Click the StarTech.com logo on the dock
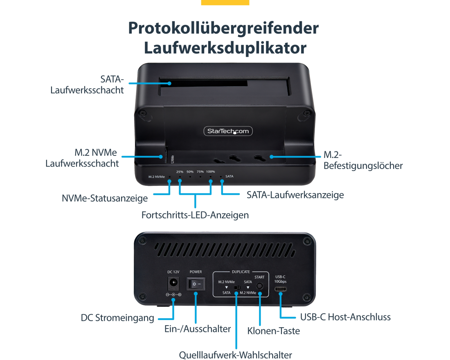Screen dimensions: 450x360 [228, 131]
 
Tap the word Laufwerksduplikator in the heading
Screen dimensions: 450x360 [225, 47]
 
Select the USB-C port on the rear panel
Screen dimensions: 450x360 [280, 289]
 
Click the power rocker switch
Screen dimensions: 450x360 [196, 284]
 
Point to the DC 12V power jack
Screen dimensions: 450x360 [173, 283]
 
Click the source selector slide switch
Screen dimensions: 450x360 [237, 287]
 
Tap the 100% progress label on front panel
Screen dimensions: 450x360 [210, 172]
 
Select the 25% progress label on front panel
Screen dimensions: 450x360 [180, 172]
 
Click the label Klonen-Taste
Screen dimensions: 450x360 [274, 331]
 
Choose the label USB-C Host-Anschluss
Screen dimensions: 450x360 [345, 317]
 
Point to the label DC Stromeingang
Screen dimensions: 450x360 [117, 318]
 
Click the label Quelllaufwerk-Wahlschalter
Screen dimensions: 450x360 [235, 355]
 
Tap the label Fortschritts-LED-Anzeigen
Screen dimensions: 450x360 [195, 215]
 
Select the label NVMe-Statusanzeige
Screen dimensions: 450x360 [105, 198]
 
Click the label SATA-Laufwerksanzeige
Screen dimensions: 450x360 [295, 195]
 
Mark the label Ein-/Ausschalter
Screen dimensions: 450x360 [198, 329]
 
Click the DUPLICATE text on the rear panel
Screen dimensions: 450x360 [241, 272]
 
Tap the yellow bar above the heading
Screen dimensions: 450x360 [225, 2]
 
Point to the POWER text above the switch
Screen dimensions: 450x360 [196, 272]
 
